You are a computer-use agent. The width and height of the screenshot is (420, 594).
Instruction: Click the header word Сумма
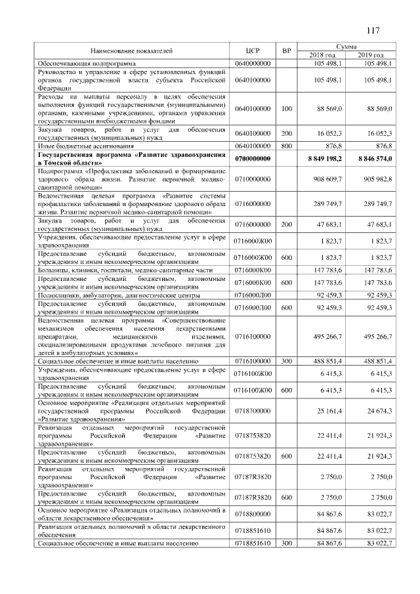pyautogui.click(x=346, y=47)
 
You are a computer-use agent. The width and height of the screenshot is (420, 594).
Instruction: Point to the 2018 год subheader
pyautogui.click(x=322, y=54)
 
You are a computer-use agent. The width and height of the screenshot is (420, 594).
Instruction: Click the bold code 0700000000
pyautogui.click(x=253, y=159)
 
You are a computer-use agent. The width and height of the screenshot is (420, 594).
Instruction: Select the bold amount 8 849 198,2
pyautogui.click(x=323, y=159)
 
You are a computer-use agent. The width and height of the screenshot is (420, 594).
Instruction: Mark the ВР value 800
pyautogui.click(x=286, y=146)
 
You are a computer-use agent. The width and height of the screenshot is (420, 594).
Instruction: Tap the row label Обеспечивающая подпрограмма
pyautogui.click(x=81, y=62)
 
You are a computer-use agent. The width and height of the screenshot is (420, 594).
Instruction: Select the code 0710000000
pyautogui.click(x=253, y=179)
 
